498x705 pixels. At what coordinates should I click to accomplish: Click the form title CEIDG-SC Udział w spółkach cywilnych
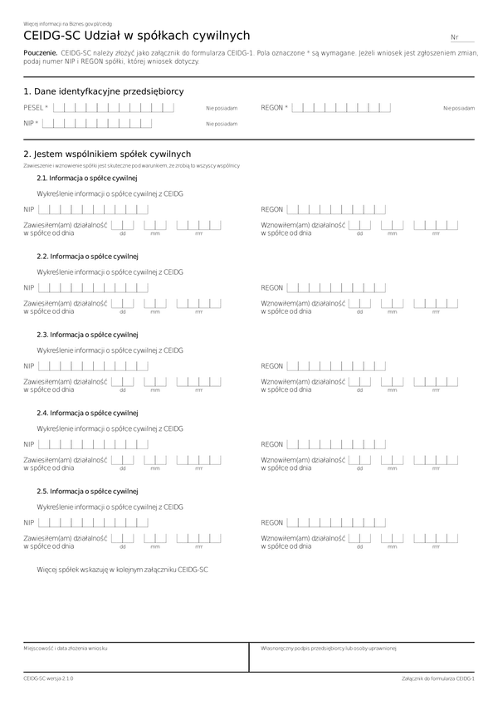[x=137, y=36]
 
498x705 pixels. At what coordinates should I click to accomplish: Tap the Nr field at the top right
[x=462, y=38]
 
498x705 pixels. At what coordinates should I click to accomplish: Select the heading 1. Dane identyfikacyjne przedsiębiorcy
[x=104, y=91]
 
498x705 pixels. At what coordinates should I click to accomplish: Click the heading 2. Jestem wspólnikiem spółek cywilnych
[x=107, y=154]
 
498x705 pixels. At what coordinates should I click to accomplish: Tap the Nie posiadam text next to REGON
[x=459, y=108]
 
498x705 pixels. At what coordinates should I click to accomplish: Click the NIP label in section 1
[x=31, y=124]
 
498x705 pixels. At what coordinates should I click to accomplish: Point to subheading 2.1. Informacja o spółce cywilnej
[x=87, y=179]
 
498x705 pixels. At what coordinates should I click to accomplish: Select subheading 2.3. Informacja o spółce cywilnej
[x=87, y=335]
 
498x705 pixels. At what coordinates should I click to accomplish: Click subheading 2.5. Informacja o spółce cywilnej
[x=87, y=492]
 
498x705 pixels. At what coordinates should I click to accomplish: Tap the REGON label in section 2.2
[x=272, y=288]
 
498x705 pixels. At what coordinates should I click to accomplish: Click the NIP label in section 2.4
[x=29, y=444]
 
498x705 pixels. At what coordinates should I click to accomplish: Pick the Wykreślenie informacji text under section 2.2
[x=110, y=272]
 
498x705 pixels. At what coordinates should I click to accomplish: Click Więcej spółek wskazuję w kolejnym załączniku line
[x=122, y=570]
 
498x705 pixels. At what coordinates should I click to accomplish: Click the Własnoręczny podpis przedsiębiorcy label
[x=330, y=647]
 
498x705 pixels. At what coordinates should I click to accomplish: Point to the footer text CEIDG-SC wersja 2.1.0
[x=48, y=678]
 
